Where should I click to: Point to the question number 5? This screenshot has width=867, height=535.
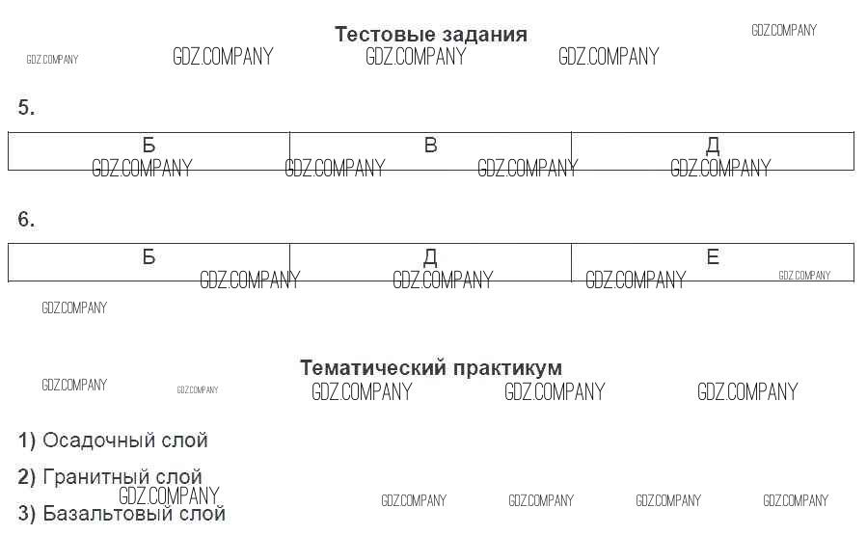pyautogui.click(x=26, y=108)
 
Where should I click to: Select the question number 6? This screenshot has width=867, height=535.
pyautogui.click(x=26, y=220)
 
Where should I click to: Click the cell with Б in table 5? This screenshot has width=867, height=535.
pyautogui.click(x=149, y=150)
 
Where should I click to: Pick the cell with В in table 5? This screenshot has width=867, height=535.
pyautogui.click(x=430, y=150)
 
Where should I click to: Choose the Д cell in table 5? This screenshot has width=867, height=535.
pyautogui.click(x=713, y=150)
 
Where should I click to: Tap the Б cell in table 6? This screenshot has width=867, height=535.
pyautogui.click(x=149, y=261)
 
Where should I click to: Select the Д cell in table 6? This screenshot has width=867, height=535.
pyautogui.click(x=430, y=261)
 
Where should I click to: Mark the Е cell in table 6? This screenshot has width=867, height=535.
pyautogui.click(x=713, y=261)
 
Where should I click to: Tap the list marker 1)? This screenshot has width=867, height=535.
pyautogui.click(x=26, y=441)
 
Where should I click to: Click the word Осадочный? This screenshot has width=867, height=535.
pyautogui.click(x=95, y=441)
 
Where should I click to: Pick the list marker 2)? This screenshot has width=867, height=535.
pyautogui.click(x=26, y=477)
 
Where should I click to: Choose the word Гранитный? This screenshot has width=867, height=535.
pyautogui.click(x=95, y=477)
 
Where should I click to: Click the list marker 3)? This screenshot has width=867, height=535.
pyautogui.click(x=26, y=514)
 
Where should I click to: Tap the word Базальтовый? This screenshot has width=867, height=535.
pyautogui.click(x=104, y=514)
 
